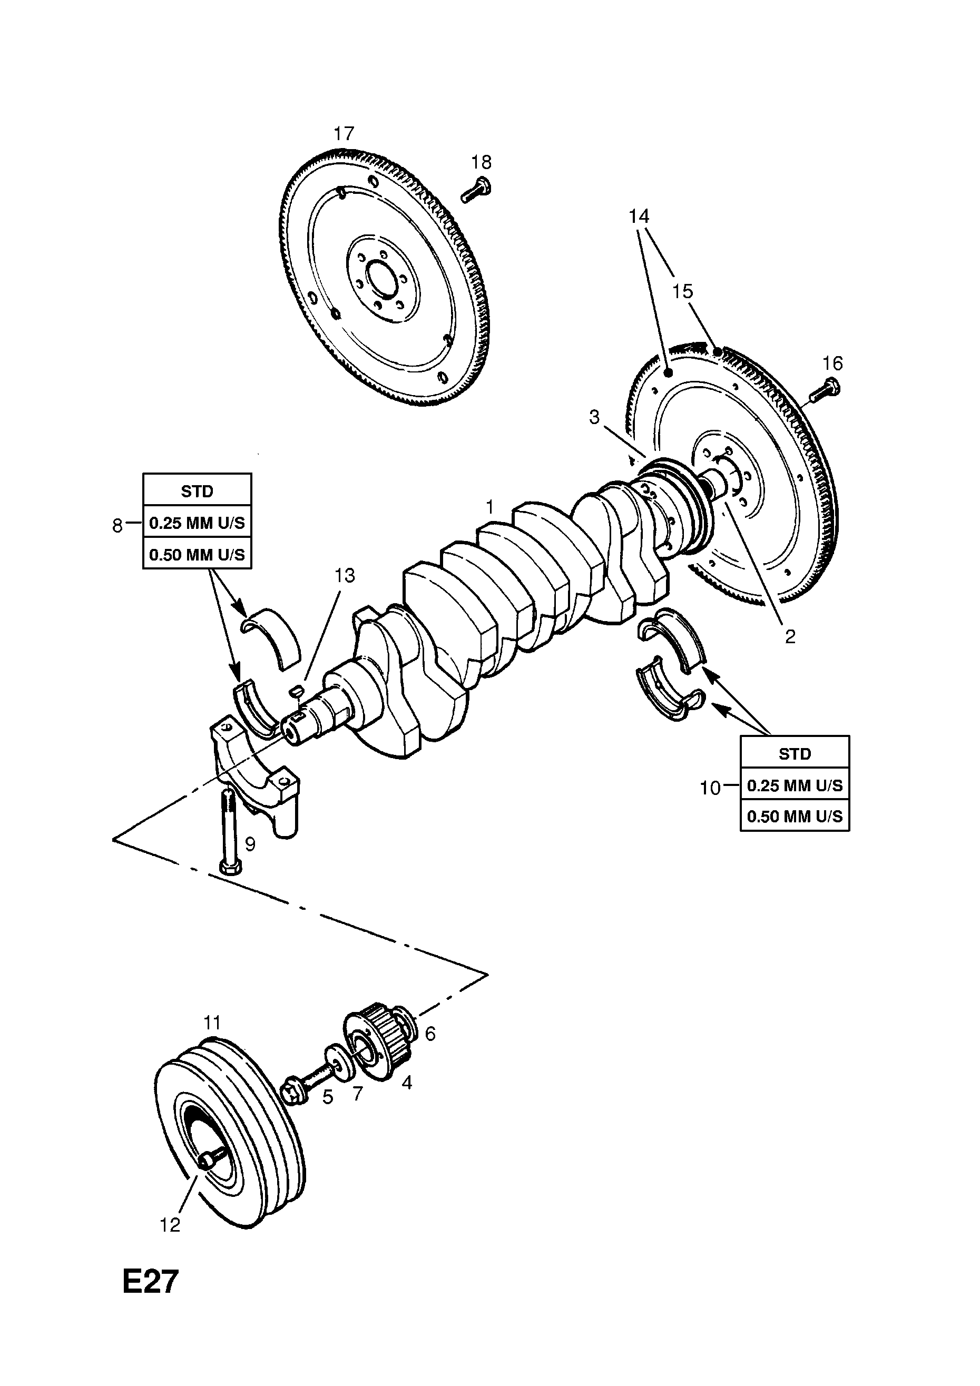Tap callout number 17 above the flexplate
(344, 133)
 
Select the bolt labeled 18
(476, 190)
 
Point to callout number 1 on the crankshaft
(489, 506)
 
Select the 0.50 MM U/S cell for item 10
(795, 816)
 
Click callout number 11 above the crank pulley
(212, 1023)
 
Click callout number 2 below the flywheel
(790, 636)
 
